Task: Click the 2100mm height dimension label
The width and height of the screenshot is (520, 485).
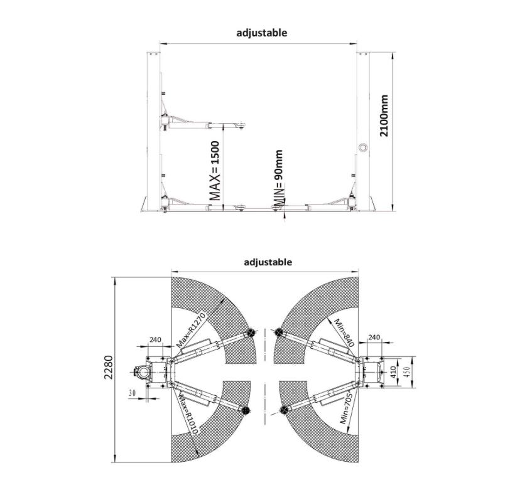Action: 384,115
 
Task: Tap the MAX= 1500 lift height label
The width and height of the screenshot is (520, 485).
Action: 215,171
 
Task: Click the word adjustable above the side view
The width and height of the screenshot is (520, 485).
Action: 262,33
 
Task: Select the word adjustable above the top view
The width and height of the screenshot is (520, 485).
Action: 268,262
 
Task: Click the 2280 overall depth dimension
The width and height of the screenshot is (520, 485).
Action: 109,367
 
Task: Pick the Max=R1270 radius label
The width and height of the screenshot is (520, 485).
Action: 192,329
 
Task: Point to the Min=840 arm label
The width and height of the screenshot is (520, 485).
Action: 344,333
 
